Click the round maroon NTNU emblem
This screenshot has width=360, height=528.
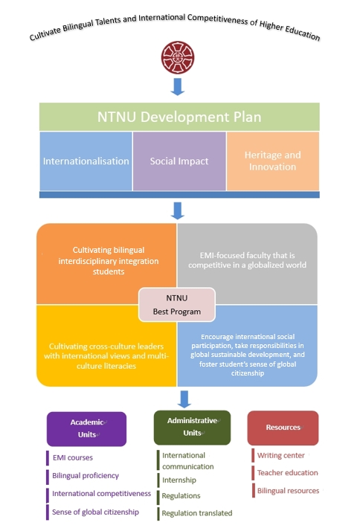(x=178, y=57)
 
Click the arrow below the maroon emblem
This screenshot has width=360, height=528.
(x=178, y=87)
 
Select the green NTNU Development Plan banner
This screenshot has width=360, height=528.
(x=179, y=117)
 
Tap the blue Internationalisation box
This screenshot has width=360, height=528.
(x=86, y=161)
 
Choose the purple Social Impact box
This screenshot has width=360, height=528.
(x=179, y=161)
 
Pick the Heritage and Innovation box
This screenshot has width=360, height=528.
(x=273, y=161)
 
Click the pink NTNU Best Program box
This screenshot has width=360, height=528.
(x=177, y=305)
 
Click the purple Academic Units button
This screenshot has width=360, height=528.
(x=86, y=428)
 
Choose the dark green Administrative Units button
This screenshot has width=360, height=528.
(x=193, y=428)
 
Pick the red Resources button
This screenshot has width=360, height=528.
(x=283, y=428)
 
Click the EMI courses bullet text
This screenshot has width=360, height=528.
(x=73, y=457)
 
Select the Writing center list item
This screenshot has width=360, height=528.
(x=281, y=456)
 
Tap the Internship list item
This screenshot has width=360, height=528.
(x=179, y=480)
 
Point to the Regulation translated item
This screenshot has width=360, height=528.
(x=197, y=513)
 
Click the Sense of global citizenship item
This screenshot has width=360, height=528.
(x=95, y=512)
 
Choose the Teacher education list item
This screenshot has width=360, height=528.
(x=288, y=473)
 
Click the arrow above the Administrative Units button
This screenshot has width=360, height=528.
(x=184, y=399)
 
